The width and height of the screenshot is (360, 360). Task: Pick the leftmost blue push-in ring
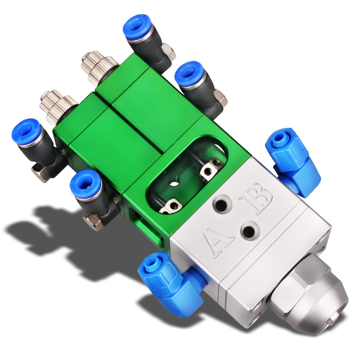click(27, 131)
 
